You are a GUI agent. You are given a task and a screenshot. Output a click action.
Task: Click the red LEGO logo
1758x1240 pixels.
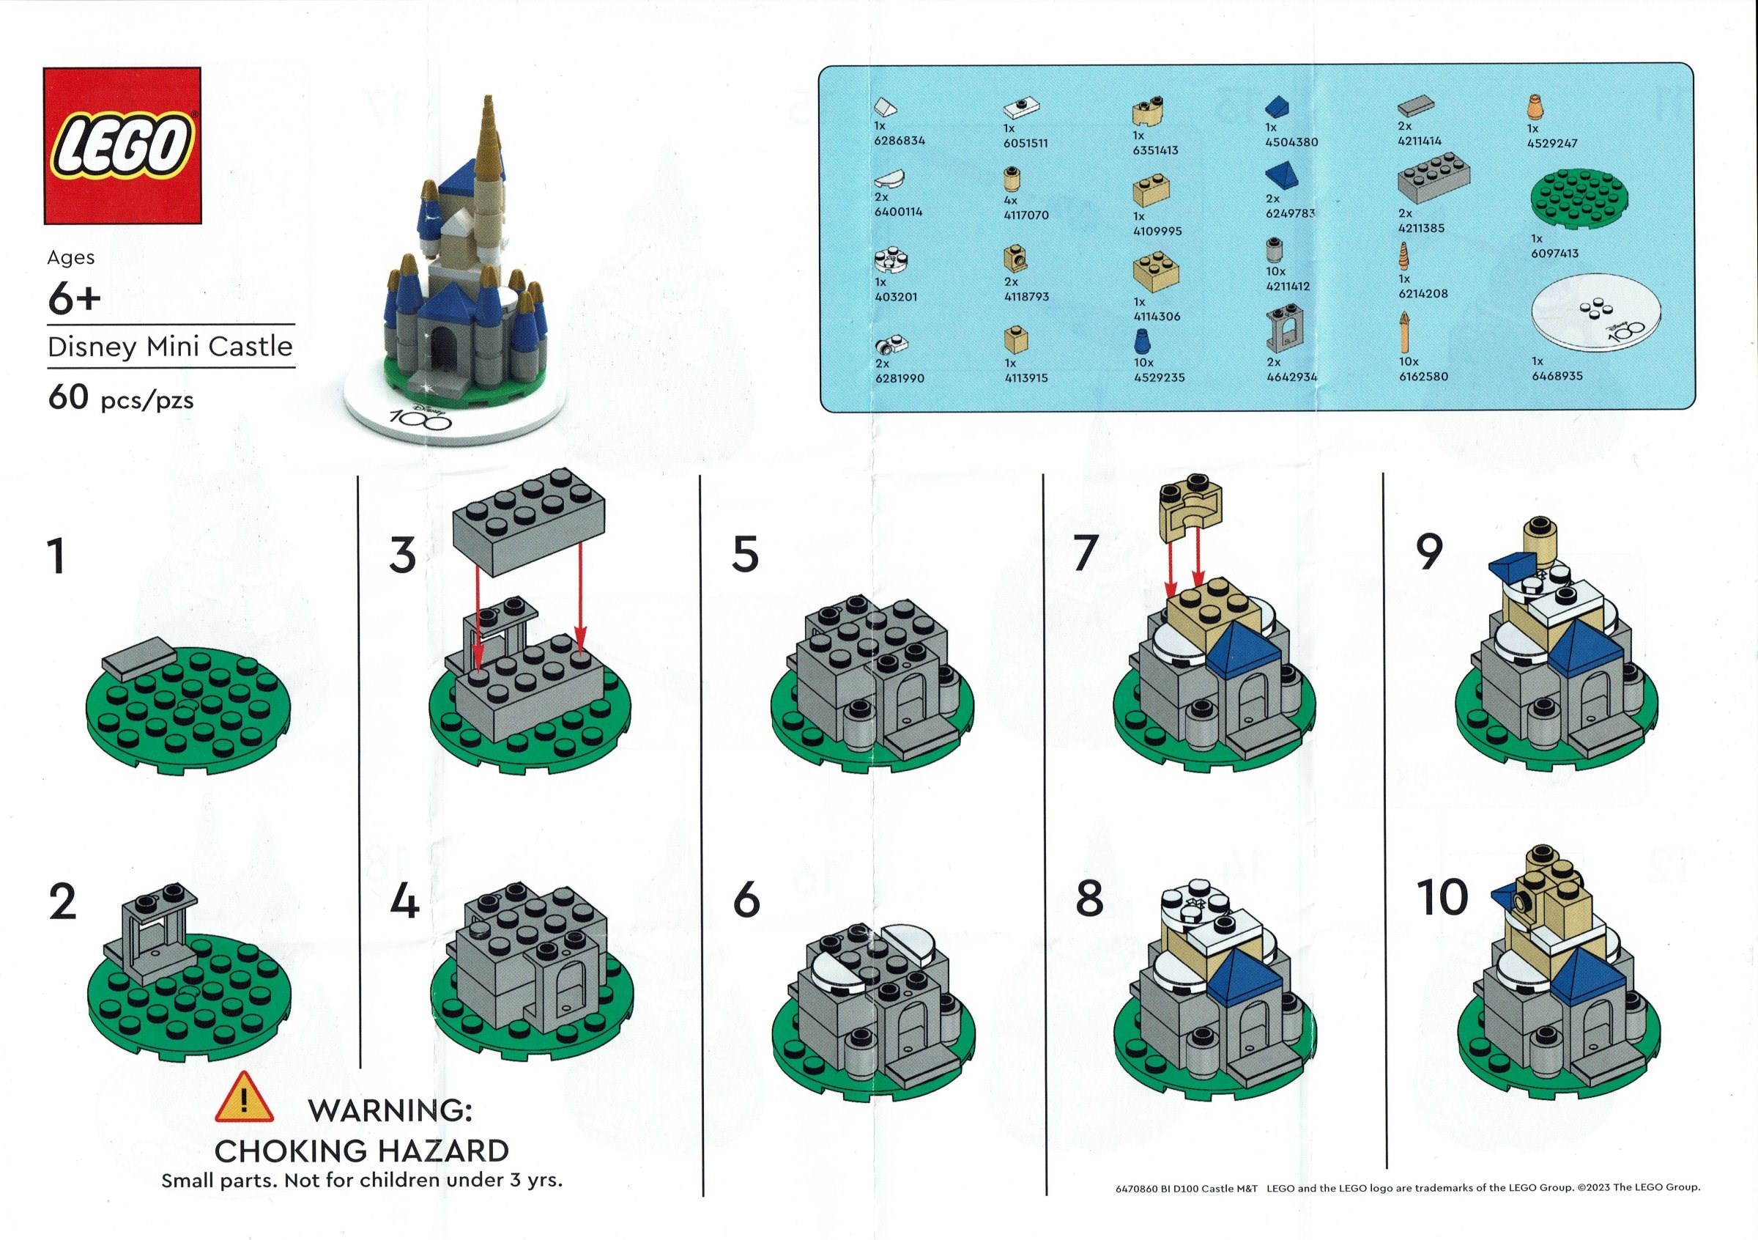tap(122, 146)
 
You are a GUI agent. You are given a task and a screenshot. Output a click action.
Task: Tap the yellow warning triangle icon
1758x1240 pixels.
tap(244, 1099)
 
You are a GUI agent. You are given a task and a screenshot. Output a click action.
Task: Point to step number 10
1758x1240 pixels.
tap(1442, 898)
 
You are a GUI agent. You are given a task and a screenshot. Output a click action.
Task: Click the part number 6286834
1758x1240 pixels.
tap(899, 141)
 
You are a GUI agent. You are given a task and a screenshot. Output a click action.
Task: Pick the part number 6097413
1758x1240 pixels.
tap(1554, 254)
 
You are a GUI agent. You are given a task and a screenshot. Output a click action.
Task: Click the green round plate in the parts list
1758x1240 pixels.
tap(1579, 199)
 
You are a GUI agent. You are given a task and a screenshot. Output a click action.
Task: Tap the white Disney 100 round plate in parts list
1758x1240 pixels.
tap(1596, 317)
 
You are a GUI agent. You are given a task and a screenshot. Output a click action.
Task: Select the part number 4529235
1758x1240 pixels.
tap(1160, 377)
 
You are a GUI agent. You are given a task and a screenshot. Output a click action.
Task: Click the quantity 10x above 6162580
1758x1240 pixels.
tap(1408, 361)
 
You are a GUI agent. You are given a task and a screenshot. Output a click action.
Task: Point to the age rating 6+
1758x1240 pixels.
tap(73, 299)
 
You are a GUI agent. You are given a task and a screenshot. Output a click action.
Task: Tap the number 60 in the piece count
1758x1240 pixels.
tap(68, 398)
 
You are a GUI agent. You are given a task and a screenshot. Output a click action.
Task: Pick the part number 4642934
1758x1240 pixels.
tap(1291, 377)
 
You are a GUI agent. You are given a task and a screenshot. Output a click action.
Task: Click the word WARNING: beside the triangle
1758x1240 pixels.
tap(390, 1110)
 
